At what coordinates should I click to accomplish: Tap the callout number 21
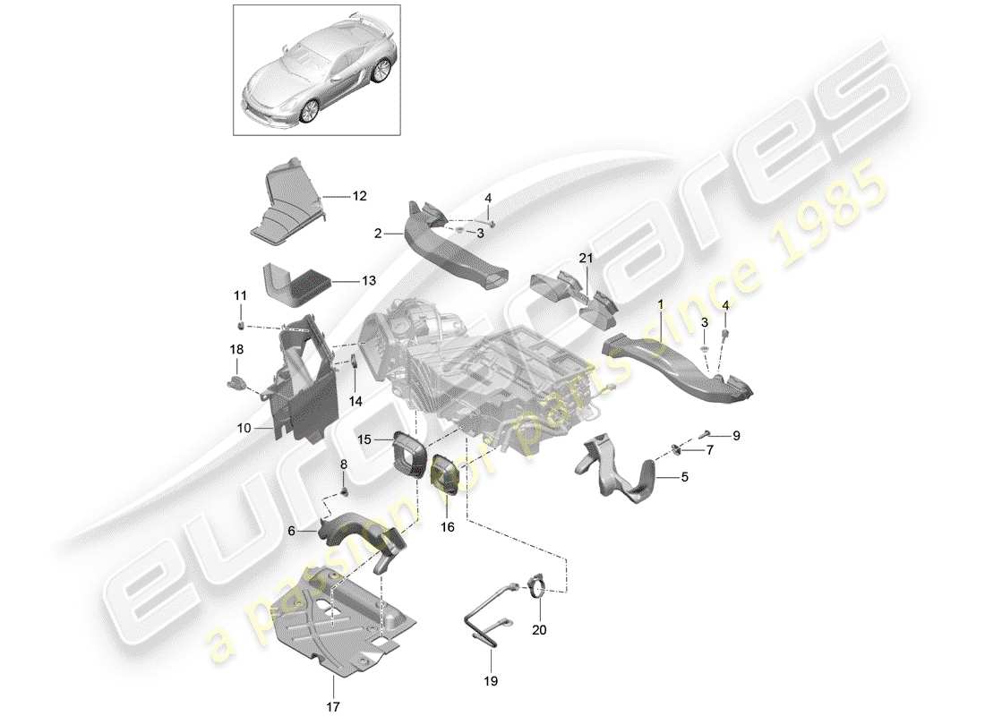[587, 259]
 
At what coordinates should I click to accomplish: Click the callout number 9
[736, 436]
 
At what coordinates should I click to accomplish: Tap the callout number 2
[378, 233]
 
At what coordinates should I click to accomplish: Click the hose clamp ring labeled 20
[538, 588]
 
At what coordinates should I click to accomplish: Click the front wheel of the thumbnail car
[309, 111]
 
